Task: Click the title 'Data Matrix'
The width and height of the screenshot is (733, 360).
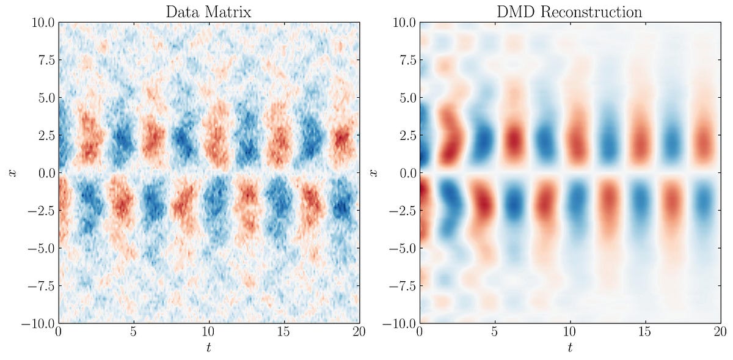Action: [x=209, y=11]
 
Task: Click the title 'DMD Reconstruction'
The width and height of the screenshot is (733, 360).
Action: [x=570, y=11]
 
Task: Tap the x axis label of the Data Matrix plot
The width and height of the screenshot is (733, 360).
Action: [x=12, y=173]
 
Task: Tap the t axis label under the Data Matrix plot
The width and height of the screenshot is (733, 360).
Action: [x=209, y=348]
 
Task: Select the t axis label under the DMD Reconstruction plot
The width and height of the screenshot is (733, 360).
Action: [x=570, y=348]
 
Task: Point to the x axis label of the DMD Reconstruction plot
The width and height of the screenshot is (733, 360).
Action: [x=373, y=173]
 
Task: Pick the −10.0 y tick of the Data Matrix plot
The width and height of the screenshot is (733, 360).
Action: [x=36, y=323]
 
